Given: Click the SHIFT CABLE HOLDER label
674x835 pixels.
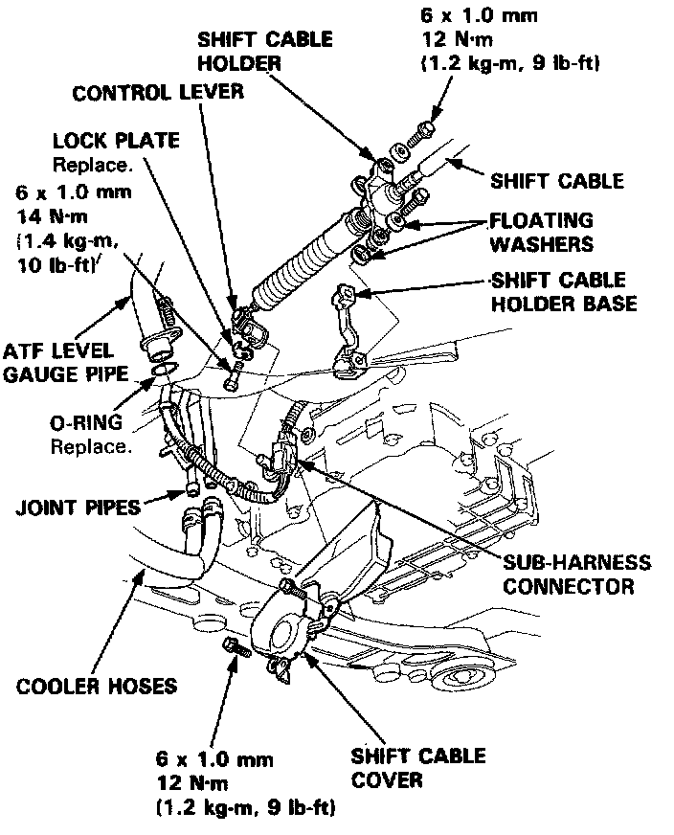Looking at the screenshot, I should [x=264, y=51].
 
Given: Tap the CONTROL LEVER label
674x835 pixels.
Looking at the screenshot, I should [x=159, y=94].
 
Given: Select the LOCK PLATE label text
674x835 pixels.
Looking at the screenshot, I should [x=116, y=141].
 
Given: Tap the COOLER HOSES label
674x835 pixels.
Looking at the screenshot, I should [x=97, y=686].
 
